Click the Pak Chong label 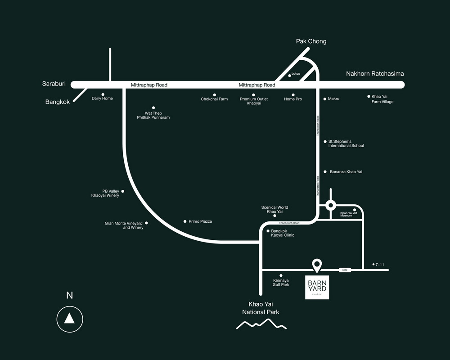pos(311,41)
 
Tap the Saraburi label pos(54,84)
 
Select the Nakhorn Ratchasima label pos(374,74)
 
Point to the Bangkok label pos(58,102)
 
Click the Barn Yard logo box pos(317,287)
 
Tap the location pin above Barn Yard pos(317,265)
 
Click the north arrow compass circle pos(69,319)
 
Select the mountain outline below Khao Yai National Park pos(261,324)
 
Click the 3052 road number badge pos(345,270)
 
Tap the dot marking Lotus pos(289,76)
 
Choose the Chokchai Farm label pos(214,99)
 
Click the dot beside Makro pos(325,99)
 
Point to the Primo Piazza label pos(200,221)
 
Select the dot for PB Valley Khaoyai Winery pos(122,191)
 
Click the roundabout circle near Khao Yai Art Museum pos(331,206)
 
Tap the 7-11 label pos(379,265)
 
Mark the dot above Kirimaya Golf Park pos(281,275)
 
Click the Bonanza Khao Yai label pos(346,172)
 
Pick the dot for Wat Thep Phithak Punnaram pos(153,108)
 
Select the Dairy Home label pos(102,98)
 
